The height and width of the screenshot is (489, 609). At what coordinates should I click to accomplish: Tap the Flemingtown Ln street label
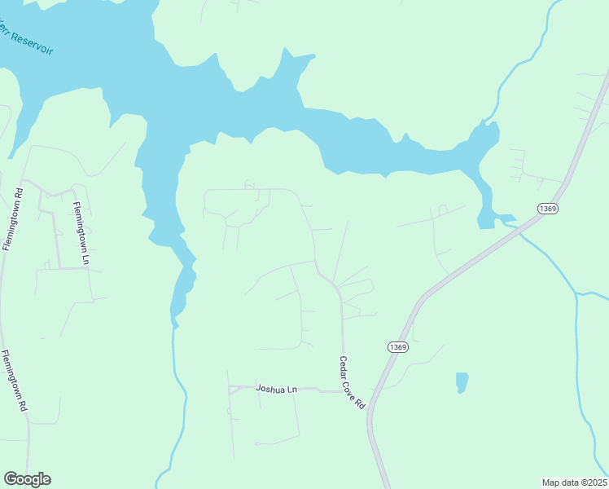pyautogui.click(x=80, y=233)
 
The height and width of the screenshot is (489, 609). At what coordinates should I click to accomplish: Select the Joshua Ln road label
pyautogui.click(x=275, y=390)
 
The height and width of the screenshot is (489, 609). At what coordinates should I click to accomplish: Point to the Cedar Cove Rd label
pyautogui.click(x=352, y=383)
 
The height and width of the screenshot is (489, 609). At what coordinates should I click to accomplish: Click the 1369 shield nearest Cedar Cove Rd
pyautogui.click(x=398, y=346)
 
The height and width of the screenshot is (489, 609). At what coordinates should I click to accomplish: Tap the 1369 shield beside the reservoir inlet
pyautogui.click(x=548, y=209)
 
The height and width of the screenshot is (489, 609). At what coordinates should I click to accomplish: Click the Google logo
pyautogui.click(x=27, y=479)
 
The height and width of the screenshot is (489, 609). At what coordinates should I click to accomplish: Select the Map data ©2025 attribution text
pyautogui.click(x=575, y=482)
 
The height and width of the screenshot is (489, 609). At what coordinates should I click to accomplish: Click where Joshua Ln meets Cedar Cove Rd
pyautogui.click(x=342, y=392)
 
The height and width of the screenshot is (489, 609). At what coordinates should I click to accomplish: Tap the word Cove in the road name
pyautogui.click(x=353, y=385)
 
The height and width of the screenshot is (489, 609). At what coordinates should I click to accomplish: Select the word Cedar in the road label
pyautogui.click(x=345, y=366)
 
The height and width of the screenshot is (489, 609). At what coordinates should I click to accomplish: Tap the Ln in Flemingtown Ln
pyautogui.click(x=85, y=257)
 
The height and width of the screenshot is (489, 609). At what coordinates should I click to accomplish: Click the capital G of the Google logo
pyautogui.click(x=10, y=479)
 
